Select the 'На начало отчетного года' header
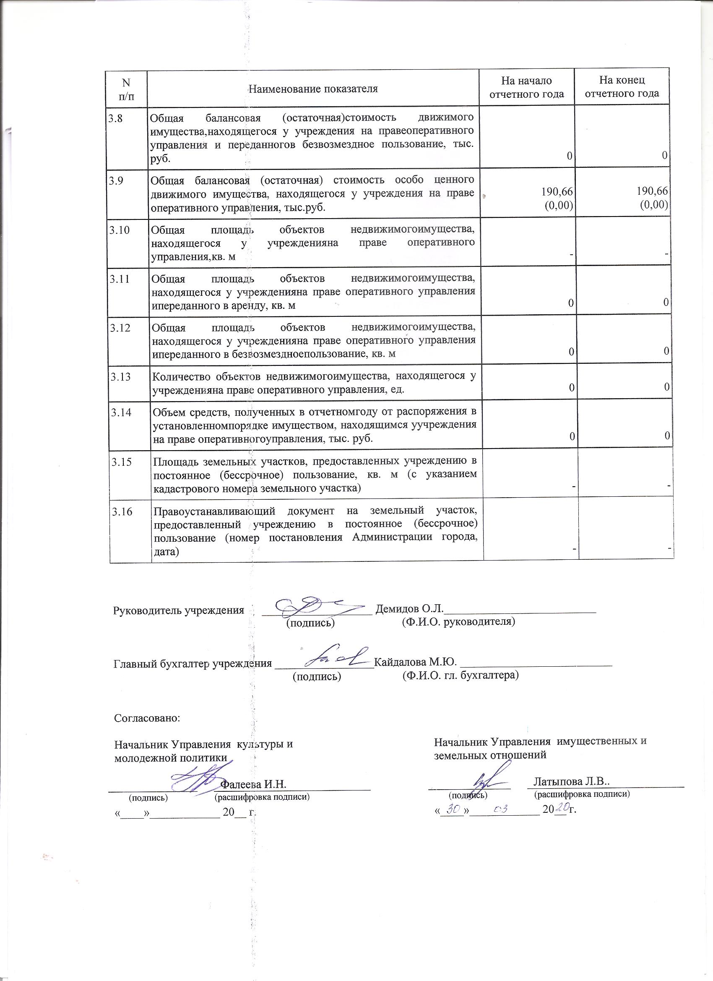pyautogui.click(x=526, y=87)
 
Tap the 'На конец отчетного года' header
pyautogui.click(x=622, y=86)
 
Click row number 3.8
pyautogui.click(x=115, y=118)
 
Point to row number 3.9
pyautogui.click(x=116, y=180)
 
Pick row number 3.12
pyautogui.click(x=120, y=328)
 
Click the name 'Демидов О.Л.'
pyautogui.click(x=409, y=608)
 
